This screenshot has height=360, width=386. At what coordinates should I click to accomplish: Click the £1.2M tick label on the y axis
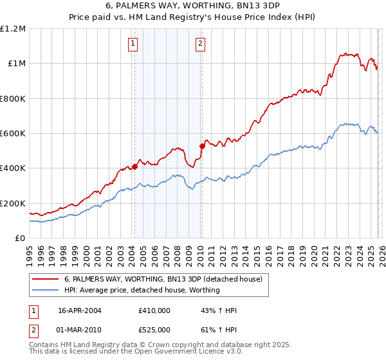(13, 28)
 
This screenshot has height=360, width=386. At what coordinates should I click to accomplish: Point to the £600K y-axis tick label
(13, 134)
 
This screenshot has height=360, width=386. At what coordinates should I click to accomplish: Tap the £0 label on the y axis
(21, 239)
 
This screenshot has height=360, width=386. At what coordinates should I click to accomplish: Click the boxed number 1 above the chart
(132, 44)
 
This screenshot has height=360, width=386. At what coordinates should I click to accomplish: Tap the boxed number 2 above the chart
(200, 44)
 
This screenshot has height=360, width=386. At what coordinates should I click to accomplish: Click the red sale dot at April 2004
(134, 166)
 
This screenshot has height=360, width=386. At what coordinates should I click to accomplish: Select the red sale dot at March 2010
(202, 146)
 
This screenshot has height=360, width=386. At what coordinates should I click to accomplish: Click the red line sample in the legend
(46, 280)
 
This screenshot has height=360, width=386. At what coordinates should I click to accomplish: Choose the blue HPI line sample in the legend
(46, 291)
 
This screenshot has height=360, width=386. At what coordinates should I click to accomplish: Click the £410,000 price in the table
(154, 310)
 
